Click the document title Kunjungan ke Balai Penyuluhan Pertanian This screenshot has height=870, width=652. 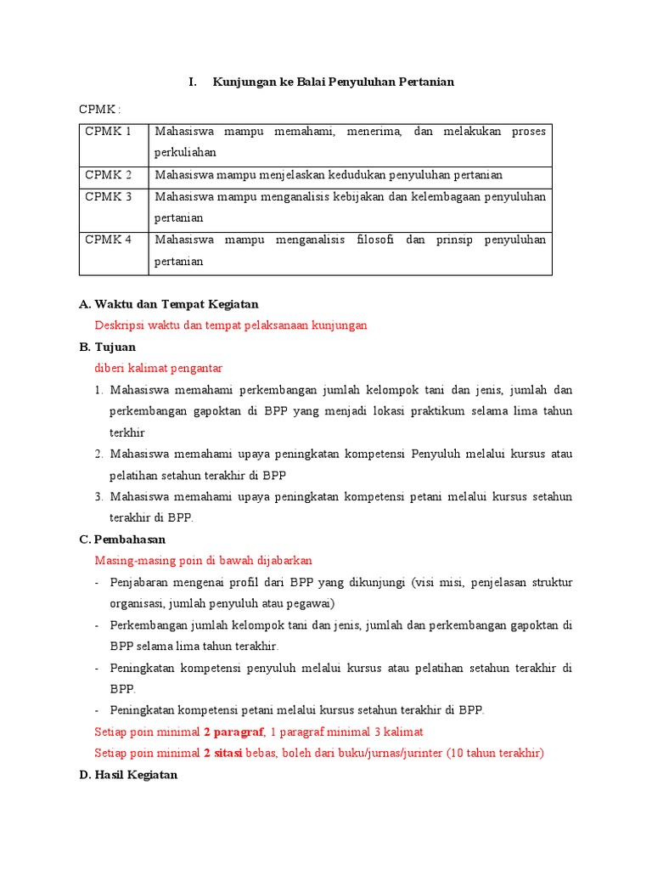click(333, 82)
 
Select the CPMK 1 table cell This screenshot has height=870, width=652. click(109, 132)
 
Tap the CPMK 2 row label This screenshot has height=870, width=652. click(109, 175)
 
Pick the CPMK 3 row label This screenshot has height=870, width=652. click(109, 197)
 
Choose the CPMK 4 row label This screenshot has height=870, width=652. click(109, 240)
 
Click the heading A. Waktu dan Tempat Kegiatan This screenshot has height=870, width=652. click(168, 304)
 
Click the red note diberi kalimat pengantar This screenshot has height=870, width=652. click(158, 369)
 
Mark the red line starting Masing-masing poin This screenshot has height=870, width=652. click(204, 561)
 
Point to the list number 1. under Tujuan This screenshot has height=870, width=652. click(99, 391)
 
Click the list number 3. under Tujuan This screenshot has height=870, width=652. click(99, 497)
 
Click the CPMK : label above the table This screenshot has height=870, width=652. click(99, 110)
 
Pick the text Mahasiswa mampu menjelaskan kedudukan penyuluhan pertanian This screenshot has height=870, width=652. click(329, 175)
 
